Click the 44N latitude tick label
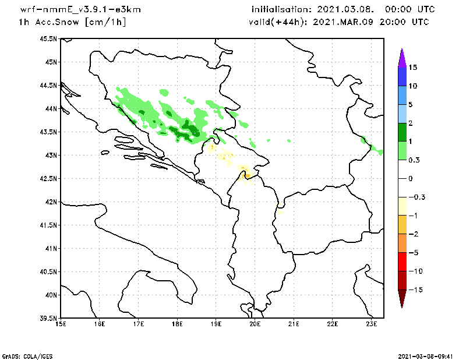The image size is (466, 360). click(51, 108)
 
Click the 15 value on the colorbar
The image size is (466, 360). click(413, 68)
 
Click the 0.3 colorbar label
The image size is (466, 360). click(415, 160)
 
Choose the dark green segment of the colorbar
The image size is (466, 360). click(401, 132)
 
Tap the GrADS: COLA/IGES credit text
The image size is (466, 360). click(21, 355)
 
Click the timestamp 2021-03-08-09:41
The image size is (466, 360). click(429, 355)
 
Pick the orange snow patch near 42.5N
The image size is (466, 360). click(247, 175)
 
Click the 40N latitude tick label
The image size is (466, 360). click(51, 295)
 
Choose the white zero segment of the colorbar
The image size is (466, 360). click(401, 178)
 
